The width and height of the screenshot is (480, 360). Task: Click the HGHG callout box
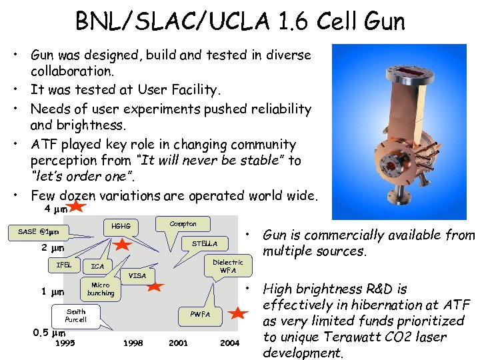121,227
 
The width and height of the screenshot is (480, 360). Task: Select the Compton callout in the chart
183,224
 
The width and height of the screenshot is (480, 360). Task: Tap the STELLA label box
204,244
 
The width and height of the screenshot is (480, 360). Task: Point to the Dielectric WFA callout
227,265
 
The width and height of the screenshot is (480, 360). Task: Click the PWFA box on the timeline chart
199,314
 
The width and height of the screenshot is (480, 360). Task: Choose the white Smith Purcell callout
76,315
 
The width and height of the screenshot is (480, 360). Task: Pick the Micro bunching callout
100,289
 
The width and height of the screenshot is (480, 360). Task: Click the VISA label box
137,275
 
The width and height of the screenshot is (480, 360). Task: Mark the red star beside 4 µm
77,207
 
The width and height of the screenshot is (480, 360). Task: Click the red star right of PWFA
238,313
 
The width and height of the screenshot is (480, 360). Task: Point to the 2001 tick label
179,343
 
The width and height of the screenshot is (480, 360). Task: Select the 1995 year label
65,343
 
